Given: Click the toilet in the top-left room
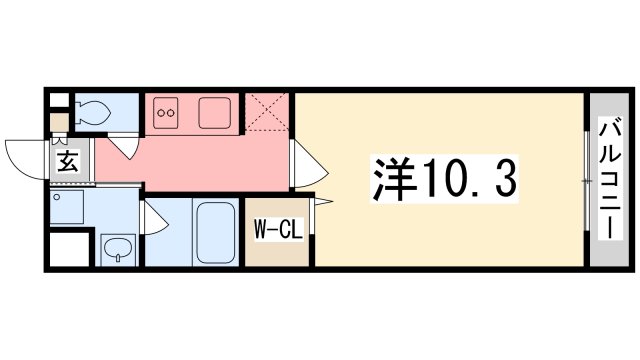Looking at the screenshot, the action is click(x=93, y=113).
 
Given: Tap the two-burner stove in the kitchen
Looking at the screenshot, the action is click(x=165, y=113).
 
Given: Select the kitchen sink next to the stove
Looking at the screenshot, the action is click(x=215, y=112).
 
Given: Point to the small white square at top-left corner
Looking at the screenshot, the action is click(x=59, y=102).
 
